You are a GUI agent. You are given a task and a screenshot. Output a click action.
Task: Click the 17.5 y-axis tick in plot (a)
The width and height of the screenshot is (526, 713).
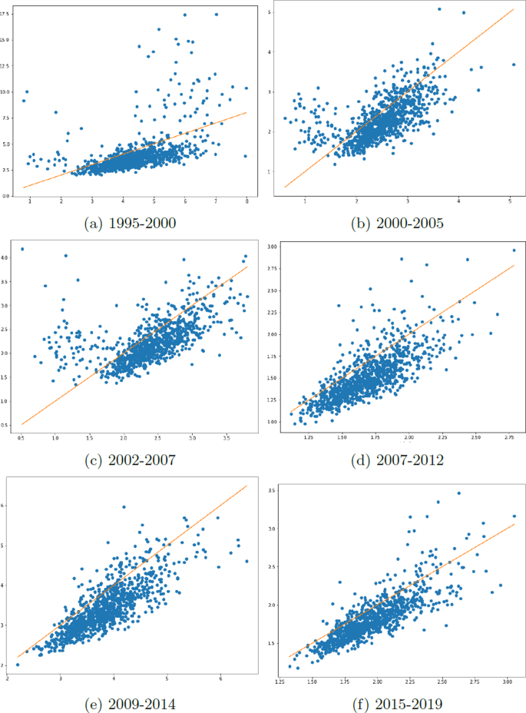6,14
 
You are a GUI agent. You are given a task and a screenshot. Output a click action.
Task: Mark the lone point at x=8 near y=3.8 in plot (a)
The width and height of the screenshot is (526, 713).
245,156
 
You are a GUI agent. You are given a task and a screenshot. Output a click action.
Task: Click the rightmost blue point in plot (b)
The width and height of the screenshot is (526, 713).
513,65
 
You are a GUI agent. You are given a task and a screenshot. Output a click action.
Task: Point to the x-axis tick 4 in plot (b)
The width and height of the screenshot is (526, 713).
458,202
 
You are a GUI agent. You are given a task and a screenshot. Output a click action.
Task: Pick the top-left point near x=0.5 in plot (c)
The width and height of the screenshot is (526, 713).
22,249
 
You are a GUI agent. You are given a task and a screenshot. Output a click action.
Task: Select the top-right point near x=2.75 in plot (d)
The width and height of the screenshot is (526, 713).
514,250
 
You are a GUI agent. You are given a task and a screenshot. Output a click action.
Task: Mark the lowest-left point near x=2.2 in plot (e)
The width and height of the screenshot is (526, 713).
18,665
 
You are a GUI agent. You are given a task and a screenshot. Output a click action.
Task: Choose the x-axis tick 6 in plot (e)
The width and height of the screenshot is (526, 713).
220,678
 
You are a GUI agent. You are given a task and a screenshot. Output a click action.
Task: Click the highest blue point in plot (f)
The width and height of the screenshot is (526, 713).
459,493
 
